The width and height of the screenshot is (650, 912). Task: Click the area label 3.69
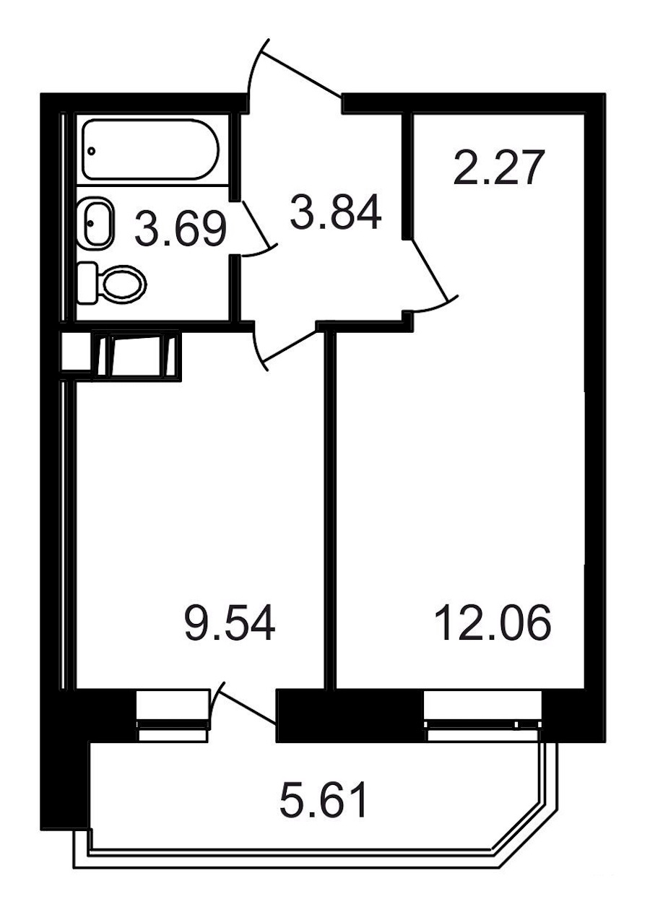pyautogui.click(x=181, y=230)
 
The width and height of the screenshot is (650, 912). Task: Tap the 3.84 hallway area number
pyautogui.click(x=336, y=212)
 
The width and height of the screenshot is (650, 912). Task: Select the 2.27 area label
pyautogui.click(x=499, y=168)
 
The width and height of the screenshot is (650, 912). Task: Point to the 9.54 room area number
pyautogui.click(x=230, y=623)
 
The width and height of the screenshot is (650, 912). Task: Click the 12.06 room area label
pyautogui.click(x=493, y=623)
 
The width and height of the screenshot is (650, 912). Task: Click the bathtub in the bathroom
pyautogui.click(x=151, y=149)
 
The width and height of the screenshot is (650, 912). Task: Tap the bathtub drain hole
pyautogui.click(x=92, y=151)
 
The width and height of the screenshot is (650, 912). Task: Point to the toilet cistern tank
pyautogui.click(x=87, y=282)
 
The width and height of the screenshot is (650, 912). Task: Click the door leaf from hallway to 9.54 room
pyautogui.click(x=290, y=346)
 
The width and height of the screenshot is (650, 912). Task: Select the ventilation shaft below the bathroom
pyautogui.click(x=136, y=355)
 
